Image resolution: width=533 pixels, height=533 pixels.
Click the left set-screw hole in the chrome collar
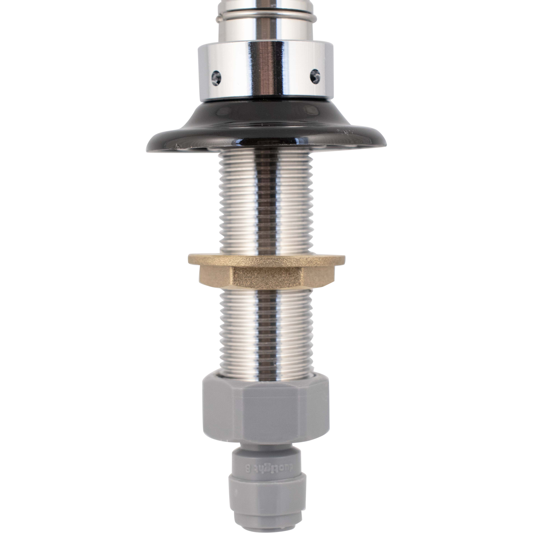[216, 77]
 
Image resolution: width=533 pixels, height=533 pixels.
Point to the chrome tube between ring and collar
[265, 32]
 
